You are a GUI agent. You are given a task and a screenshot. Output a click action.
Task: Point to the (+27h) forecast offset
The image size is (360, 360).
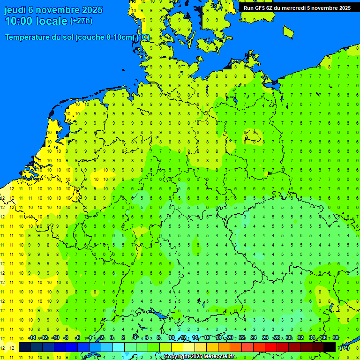tap(81, 21)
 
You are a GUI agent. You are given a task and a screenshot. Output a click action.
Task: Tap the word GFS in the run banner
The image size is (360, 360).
tap(261, 8)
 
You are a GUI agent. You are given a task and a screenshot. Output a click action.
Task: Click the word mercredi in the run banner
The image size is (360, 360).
tap(293, 8)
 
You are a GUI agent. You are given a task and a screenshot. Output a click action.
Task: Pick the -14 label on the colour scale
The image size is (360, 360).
tap(31, 338)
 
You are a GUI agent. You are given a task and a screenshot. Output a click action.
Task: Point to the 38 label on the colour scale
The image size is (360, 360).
tap(336, 338)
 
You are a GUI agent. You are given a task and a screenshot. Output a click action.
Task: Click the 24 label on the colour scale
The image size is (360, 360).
tap(253, 338)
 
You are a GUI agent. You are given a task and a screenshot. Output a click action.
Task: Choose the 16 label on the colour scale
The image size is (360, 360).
tap(206, 338)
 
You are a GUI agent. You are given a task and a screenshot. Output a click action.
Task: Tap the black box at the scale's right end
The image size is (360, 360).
tap(330, 347)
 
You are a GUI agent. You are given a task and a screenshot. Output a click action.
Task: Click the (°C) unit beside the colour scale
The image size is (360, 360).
tap(345, 347)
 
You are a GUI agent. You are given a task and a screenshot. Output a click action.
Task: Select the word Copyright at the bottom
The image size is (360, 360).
tap(176, 357)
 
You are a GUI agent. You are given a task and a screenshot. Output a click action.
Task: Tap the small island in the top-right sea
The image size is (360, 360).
tap(288, 31)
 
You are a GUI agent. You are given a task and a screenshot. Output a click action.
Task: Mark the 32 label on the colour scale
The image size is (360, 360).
tap(300, 338)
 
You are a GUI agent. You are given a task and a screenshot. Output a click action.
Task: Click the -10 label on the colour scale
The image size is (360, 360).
tap(55, 338)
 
